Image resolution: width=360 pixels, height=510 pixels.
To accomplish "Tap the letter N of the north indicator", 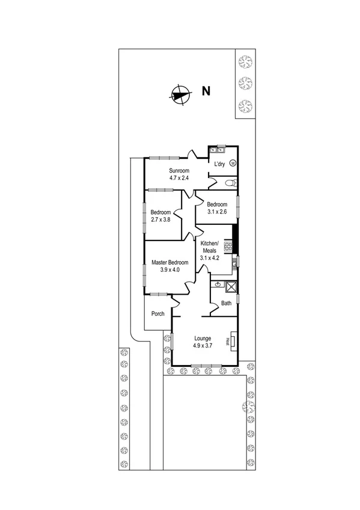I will (x=206, y=92).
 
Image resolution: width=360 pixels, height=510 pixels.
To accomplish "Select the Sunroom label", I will (x=178, y=171).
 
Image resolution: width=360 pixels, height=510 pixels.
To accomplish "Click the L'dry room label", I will (x=219, y=164).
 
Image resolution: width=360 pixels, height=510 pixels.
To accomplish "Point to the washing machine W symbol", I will (x=233, y=162).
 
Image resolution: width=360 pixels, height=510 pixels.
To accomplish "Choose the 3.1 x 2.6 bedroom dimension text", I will (x=217, y=211).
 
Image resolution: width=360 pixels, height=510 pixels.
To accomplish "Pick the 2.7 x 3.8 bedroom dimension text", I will (x=160, y=220).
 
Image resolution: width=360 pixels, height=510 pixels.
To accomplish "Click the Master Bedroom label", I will (x=170, y=263).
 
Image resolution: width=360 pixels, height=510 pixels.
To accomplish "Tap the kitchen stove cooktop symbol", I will (x=228, y=245).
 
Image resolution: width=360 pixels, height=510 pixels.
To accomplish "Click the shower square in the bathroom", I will (x=231, y=287).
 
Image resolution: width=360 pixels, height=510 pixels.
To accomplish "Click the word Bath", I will (x=226, y=303).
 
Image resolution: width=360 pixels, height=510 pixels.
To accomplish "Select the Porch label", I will (x=157, y=313).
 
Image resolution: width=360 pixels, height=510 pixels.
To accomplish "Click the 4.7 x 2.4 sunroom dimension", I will (x=178, y=178).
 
